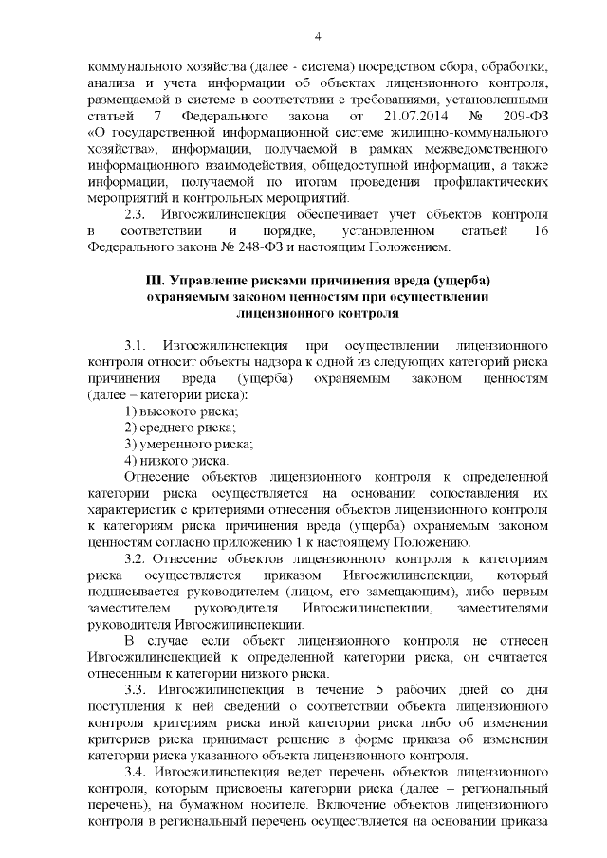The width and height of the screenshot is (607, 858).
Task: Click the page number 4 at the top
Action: pyautogui.click(x=318, y=36)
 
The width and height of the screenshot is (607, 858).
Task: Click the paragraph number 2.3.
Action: pyautogui.click(x=137, y=214)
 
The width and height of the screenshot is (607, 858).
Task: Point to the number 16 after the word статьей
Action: pyautogui.click(x=540, y=231)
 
